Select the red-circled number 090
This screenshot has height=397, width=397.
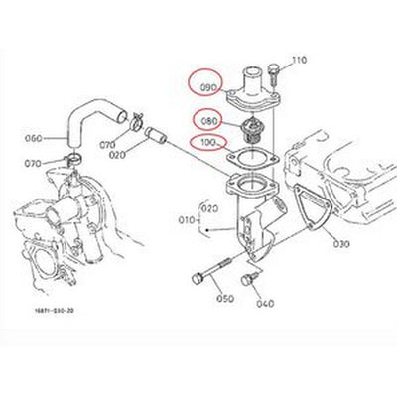208,87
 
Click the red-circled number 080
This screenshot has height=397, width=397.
209,122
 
